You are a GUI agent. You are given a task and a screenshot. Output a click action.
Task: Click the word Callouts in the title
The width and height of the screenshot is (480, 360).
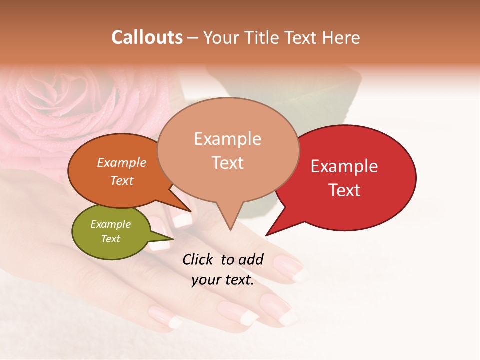(x=147, y=37)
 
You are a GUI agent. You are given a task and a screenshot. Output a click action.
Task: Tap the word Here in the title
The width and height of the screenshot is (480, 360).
(x=341, y=37)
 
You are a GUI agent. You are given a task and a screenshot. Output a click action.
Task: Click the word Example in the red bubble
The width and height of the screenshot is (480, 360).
(x=344, y=166)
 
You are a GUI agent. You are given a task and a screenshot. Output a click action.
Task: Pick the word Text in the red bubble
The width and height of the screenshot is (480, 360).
(x=344, y=190)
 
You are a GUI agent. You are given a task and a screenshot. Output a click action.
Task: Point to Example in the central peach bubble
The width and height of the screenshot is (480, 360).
(x=227, y=139)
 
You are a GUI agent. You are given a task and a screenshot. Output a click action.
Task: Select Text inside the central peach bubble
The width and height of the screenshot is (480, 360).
(x=227, y=163)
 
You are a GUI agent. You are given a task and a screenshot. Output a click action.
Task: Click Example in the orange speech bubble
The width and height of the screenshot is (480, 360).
(x=122, y=162)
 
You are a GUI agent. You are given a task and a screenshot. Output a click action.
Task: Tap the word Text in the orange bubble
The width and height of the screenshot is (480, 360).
(x=122, y=180)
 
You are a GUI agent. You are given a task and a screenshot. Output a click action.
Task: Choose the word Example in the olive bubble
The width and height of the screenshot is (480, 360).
(x=110, y=224)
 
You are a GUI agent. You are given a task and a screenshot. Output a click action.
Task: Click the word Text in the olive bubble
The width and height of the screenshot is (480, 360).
(x=110, y=239)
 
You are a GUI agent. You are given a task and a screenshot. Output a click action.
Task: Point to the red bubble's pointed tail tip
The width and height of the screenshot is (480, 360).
(x=266, y=235)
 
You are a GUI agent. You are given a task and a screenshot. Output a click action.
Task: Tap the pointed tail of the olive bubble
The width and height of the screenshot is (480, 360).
(x=172, y=239)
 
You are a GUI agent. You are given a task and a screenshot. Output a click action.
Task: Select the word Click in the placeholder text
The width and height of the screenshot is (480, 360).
(x=198, y=259)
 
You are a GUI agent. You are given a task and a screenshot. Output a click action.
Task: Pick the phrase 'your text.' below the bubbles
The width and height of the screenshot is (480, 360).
(x=222, y=280)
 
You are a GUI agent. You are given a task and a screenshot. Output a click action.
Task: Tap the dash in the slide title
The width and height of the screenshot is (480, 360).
(x=193, y=38)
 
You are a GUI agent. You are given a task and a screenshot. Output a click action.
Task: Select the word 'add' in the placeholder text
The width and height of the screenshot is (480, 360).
(x=251, y=259)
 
